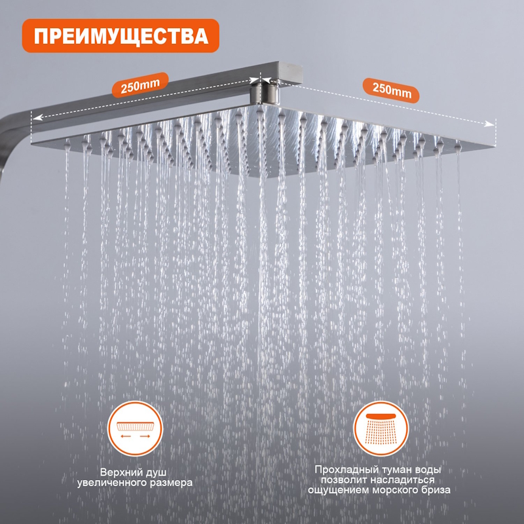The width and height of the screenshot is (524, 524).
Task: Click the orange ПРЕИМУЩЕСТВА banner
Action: [x=121, y=36]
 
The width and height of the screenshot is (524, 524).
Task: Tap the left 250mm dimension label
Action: [x=140, y=85]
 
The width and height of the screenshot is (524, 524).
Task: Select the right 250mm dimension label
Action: [x=391, y=90]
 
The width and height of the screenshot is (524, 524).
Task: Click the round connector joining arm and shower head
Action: [x=265, y=94]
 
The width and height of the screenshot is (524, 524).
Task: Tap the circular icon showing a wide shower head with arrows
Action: [x=135, y=428]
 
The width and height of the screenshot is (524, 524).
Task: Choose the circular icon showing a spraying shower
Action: [x=381, y=428]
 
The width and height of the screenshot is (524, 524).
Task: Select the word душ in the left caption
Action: [x=153, y=473]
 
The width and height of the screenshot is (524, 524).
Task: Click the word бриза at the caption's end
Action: [x=436, y=490]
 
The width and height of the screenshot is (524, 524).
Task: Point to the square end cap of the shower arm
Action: [x=290, y=73]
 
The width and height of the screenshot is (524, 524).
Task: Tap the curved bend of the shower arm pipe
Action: [x=9, y=134]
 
